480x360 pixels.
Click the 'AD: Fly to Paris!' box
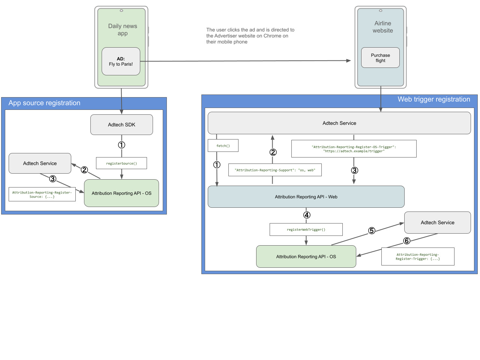[121, 61]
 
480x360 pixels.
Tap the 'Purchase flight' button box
[380, 58]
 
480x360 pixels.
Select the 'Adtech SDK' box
[121, 124]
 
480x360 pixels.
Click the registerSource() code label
[121, 163]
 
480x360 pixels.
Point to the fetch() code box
[223, 146]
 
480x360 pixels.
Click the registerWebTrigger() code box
[306, 229]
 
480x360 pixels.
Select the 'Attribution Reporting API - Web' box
[306, 197]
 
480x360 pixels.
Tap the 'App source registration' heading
[44, 103]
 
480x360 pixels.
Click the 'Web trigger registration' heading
[433, 99]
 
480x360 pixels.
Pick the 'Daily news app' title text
[123, 30]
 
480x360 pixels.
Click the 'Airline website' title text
[382, 27]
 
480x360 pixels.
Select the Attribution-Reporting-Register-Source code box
[42, 195]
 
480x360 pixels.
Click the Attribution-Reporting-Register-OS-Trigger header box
[354, 149]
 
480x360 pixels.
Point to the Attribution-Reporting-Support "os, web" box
[275, 170]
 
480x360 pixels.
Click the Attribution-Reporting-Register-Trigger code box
[418, 256]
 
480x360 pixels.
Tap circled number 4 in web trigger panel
[307, 215]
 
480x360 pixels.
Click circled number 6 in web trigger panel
[406, 241]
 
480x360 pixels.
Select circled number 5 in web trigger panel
[372, 231]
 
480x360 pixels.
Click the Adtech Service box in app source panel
[40, 163]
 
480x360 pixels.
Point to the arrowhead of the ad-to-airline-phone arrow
[349, 60]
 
